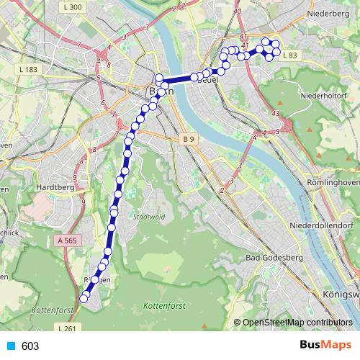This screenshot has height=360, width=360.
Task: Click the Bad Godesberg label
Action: [274, 257]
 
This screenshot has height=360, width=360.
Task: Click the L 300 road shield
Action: [73, 7]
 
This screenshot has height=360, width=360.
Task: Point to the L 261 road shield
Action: [66, 328]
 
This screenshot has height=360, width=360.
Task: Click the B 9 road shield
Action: [188, 138]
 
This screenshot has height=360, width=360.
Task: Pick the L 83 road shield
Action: [289, 55]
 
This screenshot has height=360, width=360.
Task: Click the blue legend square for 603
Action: [10, 346]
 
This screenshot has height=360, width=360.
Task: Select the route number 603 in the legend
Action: [30, 346]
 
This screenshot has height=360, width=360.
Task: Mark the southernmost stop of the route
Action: [84, 298]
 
